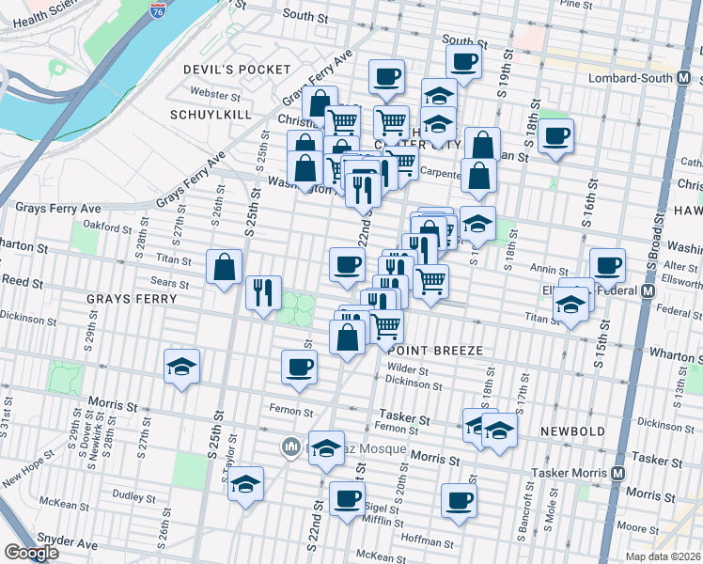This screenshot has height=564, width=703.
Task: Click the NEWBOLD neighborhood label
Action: coord(572,431)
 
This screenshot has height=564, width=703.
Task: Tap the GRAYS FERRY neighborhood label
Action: coord(132,299)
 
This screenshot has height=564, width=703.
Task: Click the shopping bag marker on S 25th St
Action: coord(226,268)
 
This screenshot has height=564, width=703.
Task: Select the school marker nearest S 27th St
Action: coord(181,368)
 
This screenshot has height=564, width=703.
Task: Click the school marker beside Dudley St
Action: coord(246,484)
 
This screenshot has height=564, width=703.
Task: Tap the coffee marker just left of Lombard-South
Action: coord(555,136)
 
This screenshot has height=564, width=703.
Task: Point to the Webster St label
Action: coord(216,94)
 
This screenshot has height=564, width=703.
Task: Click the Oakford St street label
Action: coord(106,227)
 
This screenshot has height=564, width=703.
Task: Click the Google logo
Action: coord(31,553)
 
